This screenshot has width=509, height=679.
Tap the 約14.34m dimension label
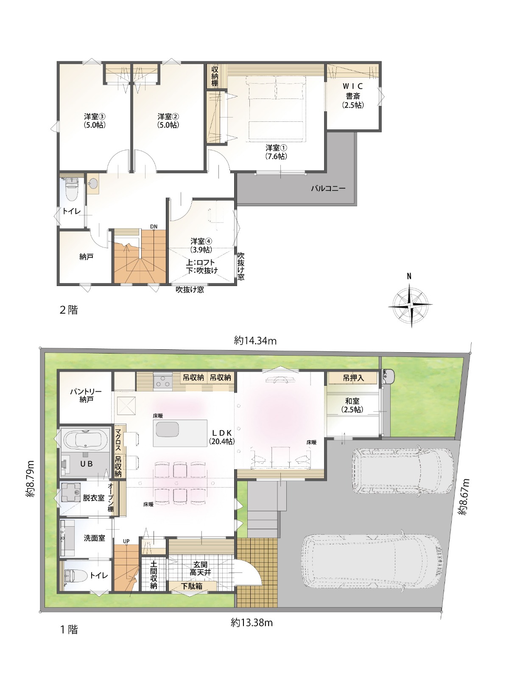point(255,341)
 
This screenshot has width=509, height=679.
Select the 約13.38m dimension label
point(252,623)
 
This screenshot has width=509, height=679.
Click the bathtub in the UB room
point(85,440)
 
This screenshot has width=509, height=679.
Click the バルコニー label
point(328,188)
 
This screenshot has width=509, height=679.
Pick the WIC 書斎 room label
point(352,96)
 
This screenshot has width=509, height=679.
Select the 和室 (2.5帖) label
point(352,405)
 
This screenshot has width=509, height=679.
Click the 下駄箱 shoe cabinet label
point(192,586)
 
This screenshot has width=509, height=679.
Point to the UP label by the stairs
point(126,542)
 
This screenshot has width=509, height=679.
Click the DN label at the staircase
point(154,227)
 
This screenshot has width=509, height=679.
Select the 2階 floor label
point(69,310)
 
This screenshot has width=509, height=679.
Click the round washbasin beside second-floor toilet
point(93,183)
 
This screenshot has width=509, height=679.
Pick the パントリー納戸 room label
point(86,396)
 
